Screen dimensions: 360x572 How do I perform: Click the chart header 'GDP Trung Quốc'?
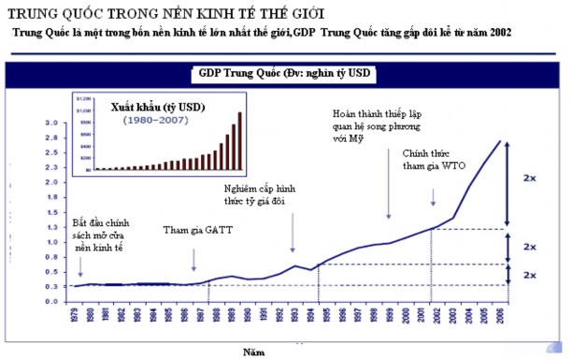tap(240, 73)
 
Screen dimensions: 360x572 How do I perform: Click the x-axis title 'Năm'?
tap(253, 352)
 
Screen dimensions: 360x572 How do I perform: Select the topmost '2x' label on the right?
tap(529, 177)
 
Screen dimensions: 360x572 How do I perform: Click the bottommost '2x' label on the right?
tap(529, 275)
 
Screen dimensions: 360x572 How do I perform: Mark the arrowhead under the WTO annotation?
tap(434, 203)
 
